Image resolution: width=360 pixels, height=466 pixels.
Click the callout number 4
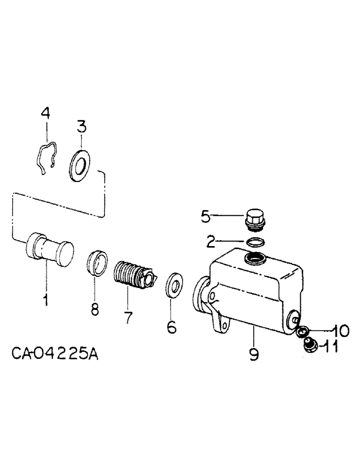(x=45, y=114)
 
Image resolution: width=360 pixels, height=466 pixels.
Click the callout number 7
(x=127, y=319)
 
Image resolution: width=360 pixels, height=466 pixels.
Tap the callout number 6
(x=172, y=328)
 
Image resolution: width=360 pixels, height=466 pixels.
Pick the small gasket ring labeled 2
(x=256, y=243)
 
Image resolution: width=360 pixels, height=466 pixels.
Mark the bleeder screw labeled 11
(x=308, y=346)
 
